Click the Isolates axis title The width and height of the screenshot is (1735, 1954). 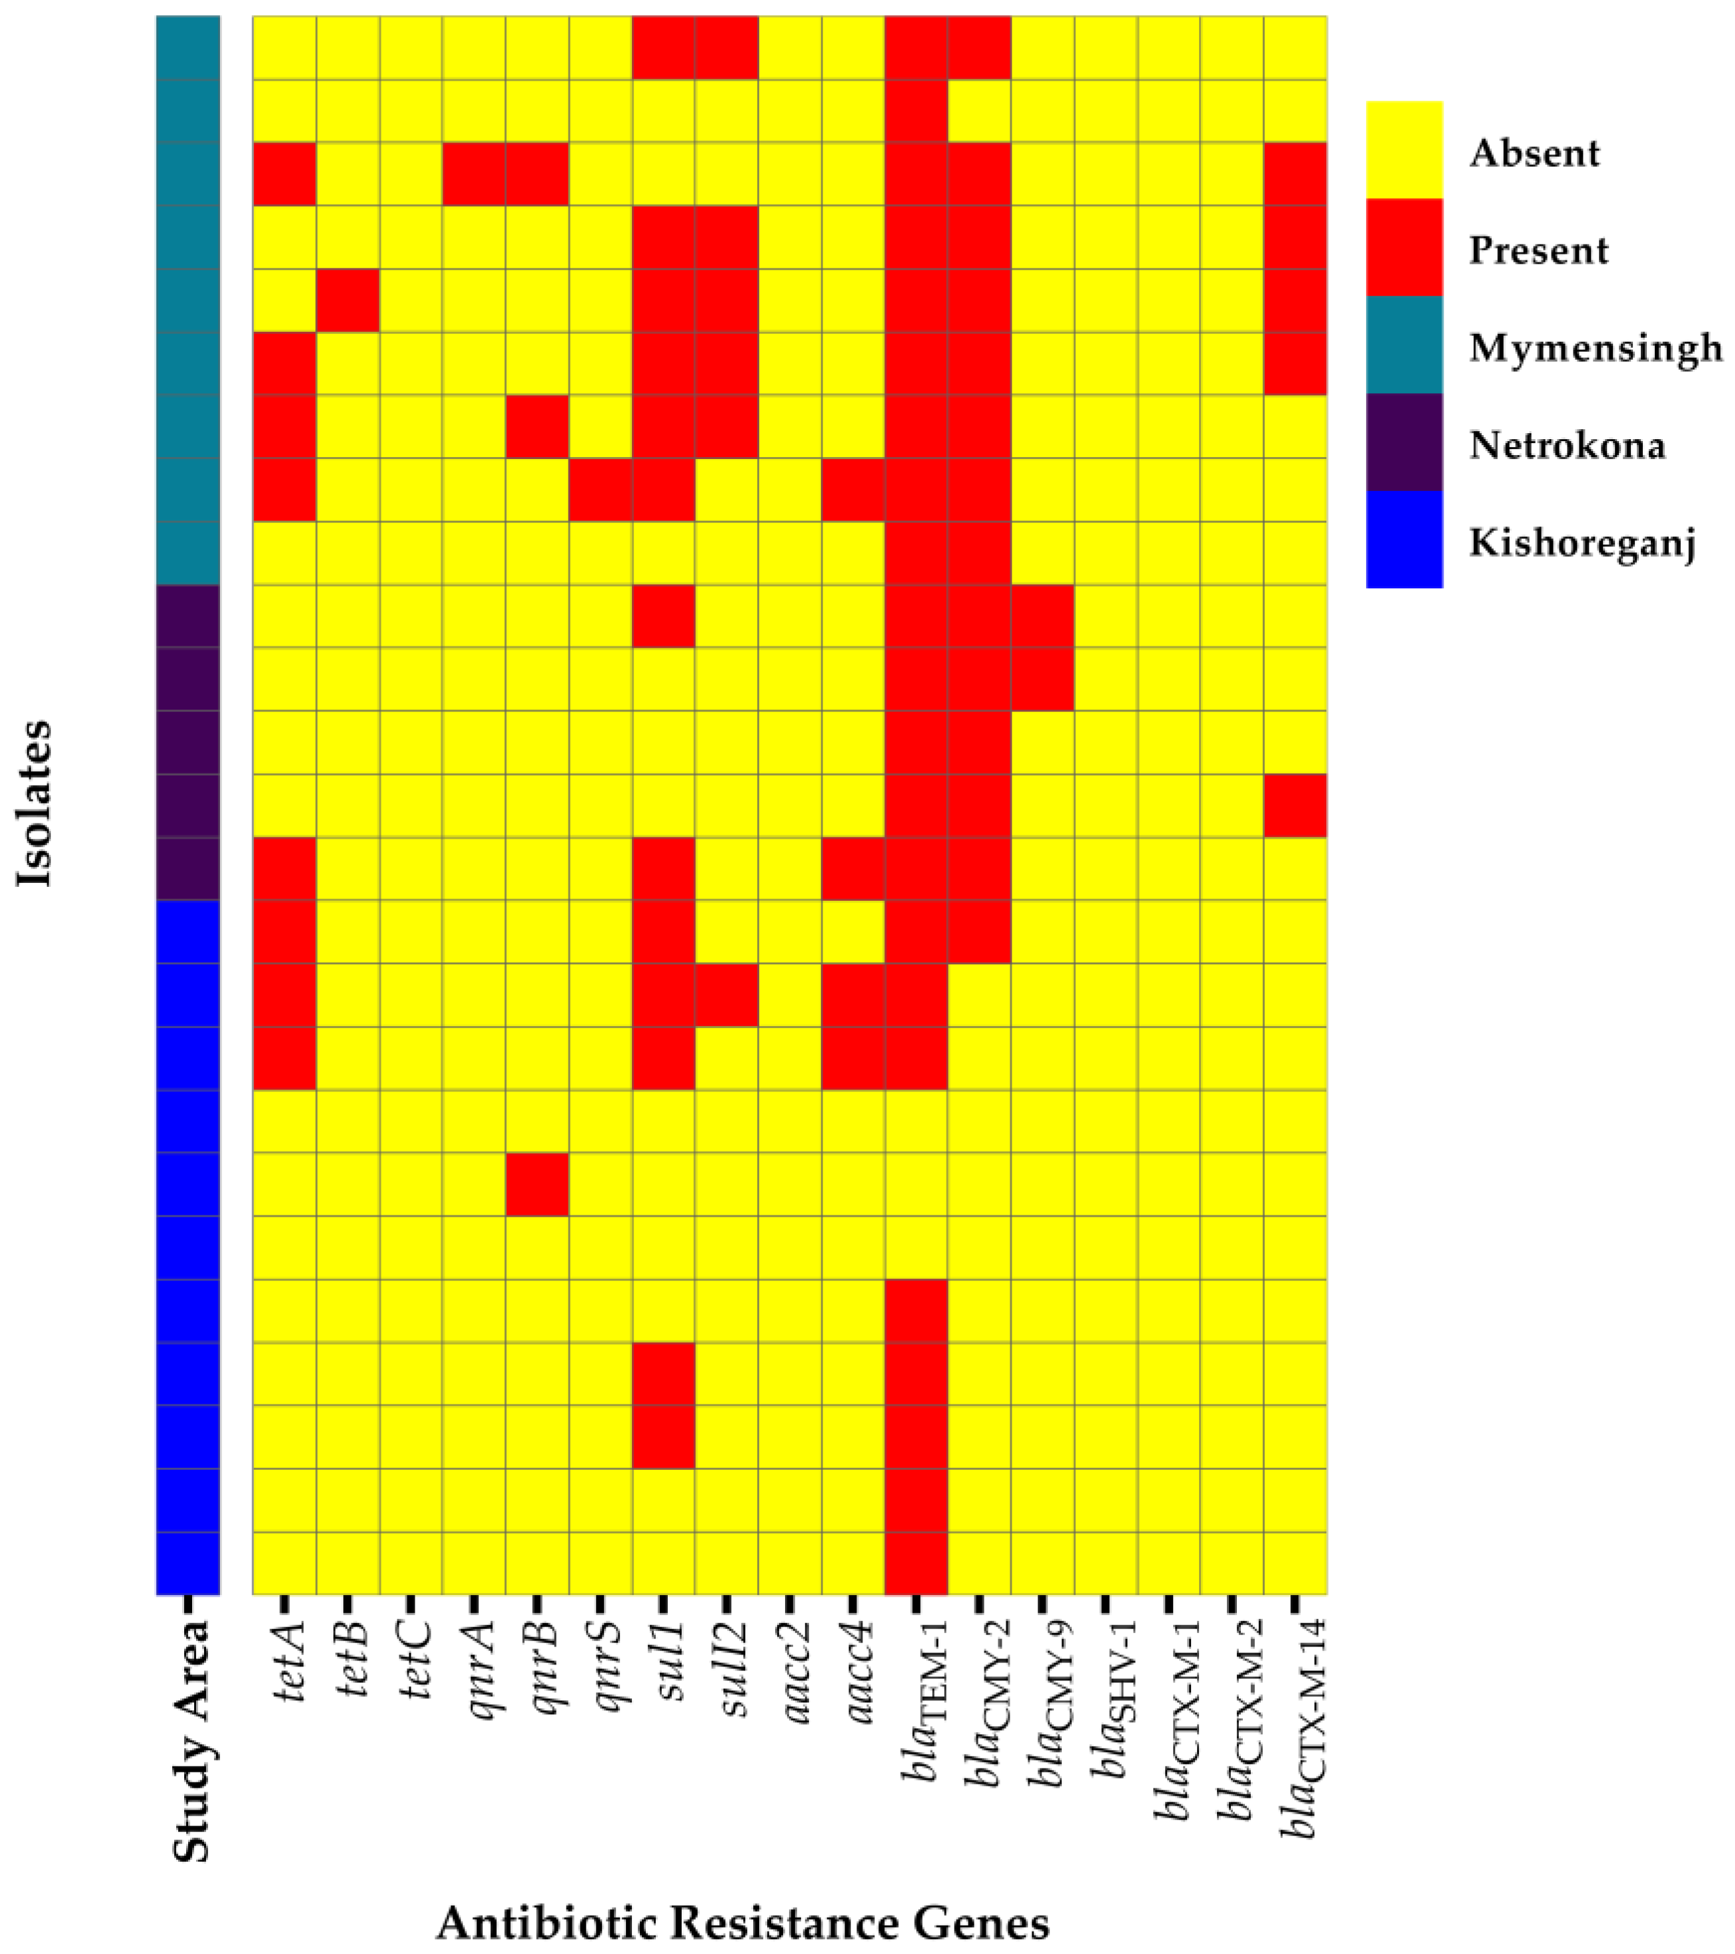click(x=34, y=804)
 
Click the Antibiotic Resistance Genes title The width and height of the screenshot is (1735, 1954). click(x=743, y=1922)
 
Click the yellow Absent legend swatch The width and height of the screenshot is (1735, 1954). click(x=1403, y=150)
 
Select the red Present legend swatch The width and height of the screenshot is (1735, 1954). click(x=1403, y=248)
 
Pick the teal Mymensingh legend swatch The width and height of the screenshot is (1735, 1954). click(x=1403, y=345)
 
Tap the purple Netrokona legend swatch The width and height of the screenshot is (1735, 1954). click(x=1403, y=442)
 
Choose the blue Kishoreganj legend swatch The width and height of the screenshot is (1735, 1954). click(x=1403, y=539)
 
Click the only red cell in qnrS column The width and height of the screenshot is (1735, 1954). click(x=600, y=490)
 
